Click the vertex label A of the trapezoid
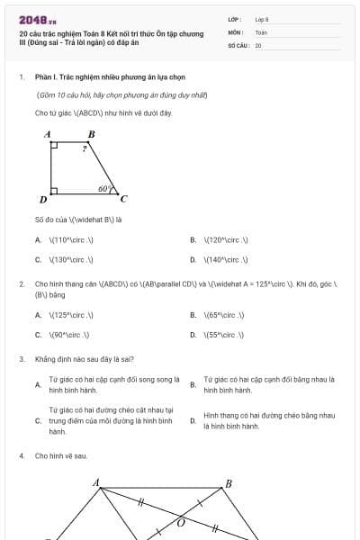pos(48,134)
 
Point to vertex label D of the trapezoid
pos(43,199)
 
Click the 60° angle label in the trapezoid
pos(104,189)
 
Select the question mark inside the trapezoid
pos(85,147)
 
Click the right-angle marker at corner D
pos(55,191)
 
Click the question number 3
pos(21,359)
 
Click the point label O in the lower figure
pos(181,522)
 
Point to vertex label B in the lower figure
pos(229,484)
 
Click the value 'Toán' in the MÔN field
pos(261,31)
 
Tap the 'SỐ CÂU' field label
pos(238,45)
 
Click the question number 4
pos(21,456)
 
